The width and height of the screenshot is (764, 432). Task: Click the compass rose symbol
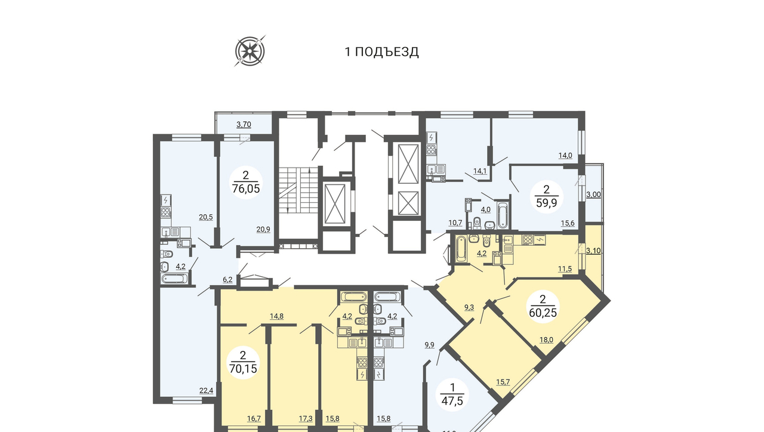250,51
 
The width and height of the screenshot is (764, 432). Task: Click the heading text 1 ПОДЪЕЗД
381,52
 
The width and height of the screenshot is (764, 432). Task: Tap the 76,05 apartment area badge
246,183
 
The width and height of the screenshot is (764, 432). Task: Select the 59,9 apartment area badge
546,197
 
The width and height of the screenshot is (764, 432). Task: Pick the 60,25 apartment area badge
543,306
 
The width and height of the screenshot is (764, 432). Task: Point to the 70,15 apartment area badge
243,362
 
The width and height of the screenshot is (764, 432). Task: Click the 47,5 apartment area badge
452,394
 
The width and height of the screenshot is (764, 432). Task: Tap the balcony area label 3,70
244,125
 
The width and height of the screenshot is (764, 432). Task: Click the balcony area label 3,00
593,195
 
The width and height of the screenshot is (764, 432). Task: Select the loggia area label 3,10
593,251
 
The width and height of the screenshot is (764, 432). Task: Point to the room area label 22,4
206,391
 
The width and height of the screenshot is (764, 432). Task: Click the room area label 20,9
263,230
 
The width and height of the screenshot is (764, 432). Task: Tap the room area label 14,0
565,156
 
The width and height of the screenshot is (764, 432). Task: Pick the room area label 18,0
546,340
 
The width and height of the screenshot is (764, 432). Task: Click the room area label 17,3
306,419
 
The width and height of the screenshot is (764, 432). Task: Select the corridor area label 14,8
276,316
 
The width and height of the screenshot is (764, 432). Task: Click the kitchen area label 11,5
565,269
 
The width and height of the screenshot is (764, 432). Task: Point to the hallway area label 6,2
227,280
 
